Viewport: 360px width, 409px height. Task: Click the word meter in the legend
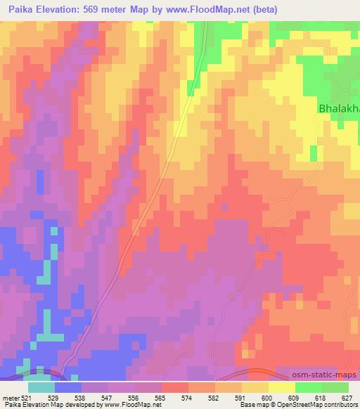[11, 398]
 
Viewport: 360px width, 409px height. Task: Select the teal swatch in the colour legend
[41, 387]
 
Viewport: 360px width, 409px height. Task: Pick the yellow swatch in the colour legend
[282, 387]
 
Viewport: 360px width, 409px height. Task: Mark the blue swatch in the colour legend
[68, 387]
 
